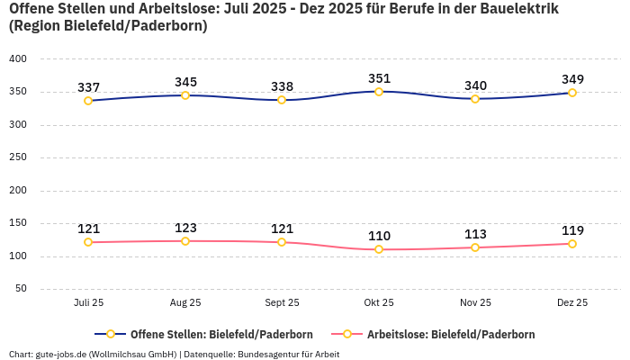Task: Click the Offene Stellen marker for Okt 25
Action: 379,92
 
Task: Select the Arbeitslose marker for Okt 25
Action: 379,249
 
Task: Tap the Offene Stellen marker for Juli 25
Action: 88,101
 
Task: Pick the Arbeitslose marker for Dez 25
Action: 572,244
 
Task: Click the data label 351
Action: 379,78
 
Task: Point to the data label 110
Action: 379,236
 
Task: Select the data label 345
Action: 185,82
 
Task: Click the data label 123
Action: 185,228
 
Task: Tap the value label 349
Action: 572,79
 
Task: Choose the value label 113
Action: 475,234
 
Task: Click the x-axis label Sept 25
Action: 282,303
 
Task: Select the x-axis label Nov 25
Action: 475,303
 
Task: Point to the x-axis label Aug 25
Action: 185,303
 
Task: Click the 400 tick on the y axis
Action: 18,58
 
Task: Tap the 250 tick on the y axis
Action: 18,157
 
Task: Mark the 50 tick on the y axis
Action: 21,289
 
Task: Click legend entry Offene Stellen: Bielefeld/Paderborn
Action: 212,334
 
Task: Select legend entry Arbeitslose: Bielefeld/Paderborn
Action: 450,334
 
